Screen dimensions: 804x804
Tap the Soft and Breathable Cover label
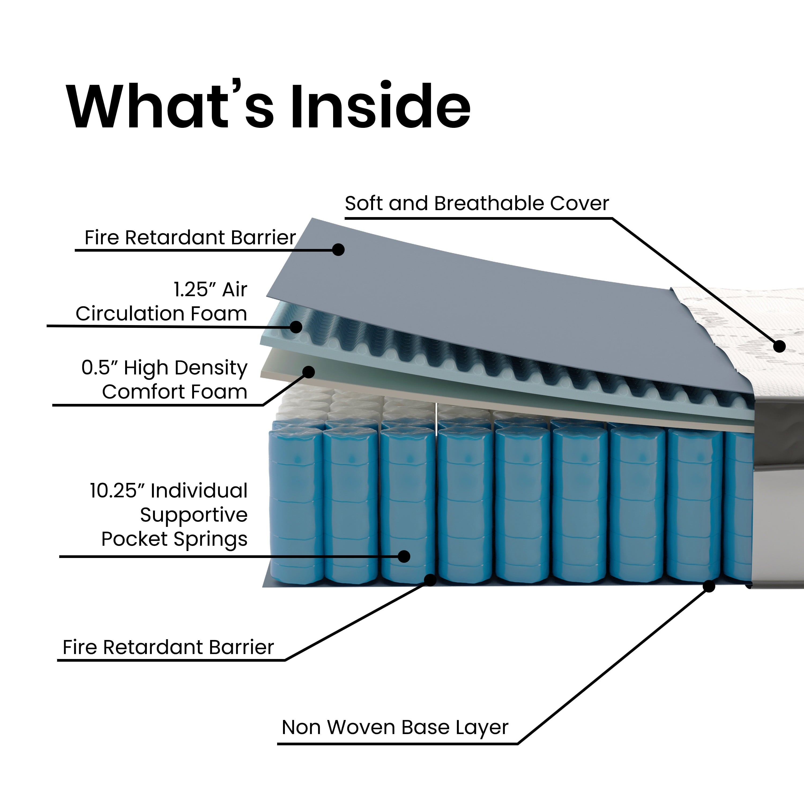click(477, 203)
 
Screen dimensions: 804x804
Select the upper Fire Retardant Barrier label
click(190, 238)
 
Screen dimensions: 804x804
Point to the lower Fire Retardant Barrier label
click(168, 647)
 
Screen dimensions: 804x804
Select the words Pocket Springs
click(174, 539)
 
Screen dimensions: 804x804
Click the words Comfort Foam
click(175, 392)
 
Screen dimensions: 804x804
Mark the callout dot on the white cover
click(779, 346)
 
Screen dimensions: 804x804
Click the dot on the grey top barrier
click(338, 249)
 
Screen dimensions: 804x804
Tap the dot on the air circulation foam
click(296, 327)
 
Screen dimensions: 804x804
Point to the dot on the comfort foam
click(308, 372)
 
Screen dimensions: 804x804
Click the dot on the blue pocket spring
click(404, 556)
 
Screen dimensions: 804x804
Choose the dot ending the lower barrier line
click(431, 580)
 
